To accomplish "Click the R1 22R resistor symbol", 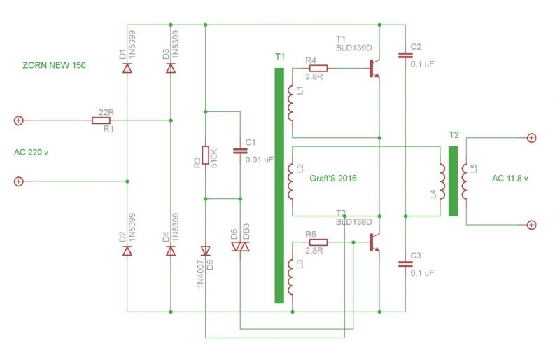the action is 101,120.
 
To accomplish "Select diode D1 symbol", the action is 127,68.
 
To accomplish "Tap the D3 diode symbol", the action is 171,68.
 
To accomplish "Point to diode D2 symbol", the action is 127,251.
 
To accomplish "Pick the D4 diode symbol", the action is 171,251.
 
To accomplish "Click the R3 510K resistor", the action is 206,155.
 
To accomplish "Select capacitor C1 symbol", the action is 241,151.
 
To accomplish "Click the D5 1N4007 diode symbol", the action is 206,251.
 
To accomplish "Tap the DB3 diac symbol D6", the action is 241,247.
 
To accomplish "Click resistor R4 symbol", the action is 318,69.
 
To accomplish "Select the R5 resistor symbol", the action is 318,242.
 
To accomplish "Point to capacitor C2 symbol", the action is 405,55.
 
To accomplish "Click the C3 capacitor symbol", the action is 405,264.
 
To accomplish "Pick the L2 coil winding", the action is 290,181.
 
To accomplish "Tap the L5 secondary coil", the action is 465,181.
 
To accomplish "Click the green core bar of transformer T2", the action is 453,181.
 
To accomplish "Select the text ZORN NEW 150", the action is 54,65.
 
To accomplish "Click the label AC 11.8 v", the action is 510,179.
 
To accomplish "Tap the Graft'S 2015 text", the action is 333,178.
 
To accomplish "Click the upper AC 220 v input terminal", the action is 19,120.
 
